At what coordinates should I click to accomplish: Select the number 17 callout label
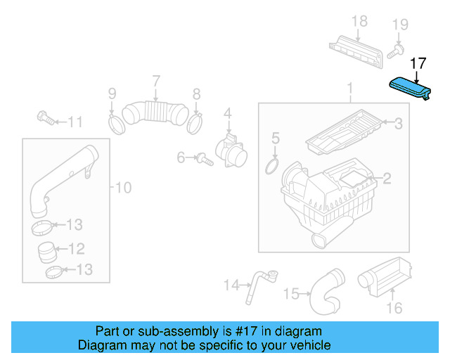[x=418, y=63]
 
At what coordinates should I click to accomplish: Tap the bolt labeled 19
[x=394, y=50]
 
